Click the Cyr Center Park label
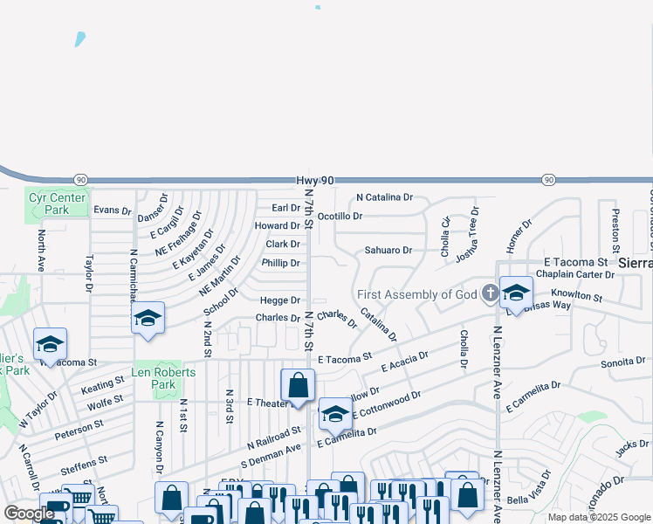[57, 203]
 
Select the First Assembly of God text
[416, 294]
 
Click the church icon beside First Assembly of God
[491, 293]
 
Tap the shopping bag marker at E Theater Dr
[298, 386]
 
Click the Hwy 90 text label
[315, 180]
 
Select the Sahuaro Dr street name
[388, 250]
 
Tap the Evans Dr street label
[112, 210]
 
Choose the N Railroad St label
[274, 436]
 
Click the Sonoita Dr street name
[623, 360]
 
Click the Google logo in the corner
[30, 514]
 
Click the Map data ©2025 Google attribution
[598, 517]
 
